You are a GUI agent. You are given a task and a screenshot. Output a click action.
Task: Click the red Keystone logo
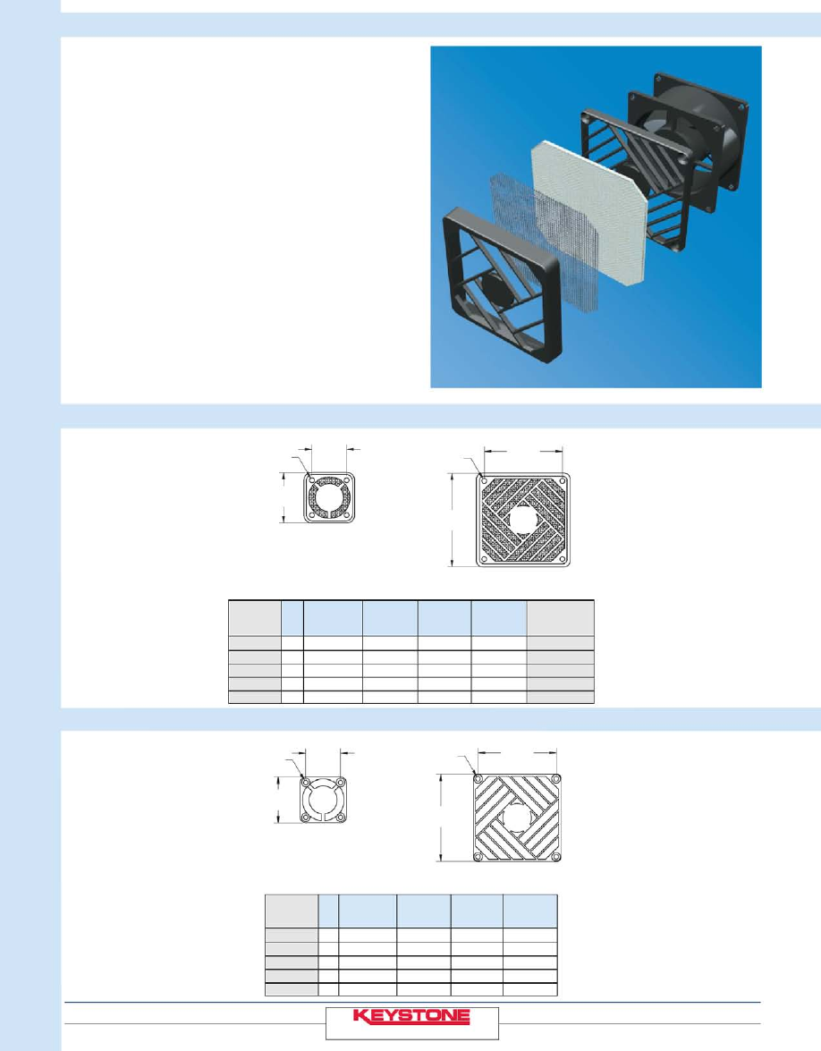click(x=411, y=1016)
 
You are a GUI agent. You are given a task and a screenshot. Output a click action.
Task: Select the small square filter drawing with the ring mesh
click(x=329, y=497)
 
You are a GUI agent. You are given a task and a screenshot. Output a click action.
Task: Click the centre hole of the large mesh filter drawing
click(x=523, y=520)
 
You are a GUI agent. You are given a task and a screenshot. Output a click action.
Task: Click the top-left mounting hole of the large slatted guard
click(x=478, y=779)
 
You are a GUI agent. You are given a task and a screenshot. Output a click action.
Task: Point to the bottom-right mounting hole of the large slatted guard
click(x=556, y=857)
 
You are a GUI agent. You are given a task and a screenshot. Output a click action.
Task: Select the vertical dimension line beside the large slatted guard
click(x=440, y=818)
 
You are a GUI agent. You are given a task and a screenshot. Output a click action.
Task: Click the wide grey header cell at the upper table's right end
click(x=560, y=618)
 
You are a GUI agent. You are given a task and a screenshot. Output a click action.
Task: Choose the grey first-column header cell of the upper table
click(x=255, y=618)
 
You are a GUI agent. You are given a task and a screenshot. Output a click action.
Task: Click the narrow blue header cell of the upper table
click(x=292, y=618)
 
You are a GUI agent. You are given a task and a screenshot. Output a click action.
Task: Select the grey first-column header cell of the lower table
click(x=292, y=911)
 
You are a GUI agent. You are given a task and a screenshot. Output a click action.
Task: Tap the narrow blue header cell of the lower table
click(x=328, y=911)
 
